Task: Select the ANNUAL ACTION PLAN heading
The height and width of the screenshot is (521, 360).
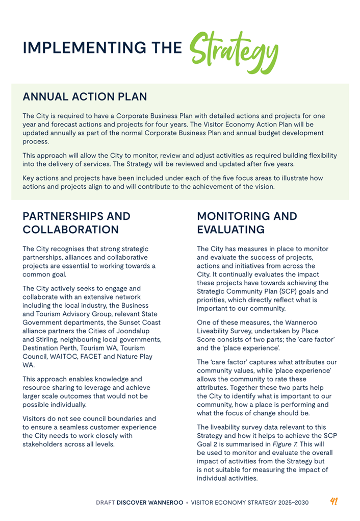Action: click(85, 96)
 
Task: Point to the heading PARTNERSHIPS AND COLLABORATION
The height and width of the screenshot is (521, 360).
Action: click(76, 223)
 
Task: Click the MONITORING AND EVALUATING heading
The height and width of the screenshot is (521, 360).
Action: click(247, 223)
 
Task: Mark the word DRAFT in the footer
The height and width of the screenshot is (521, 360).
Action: click(106, 503)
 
